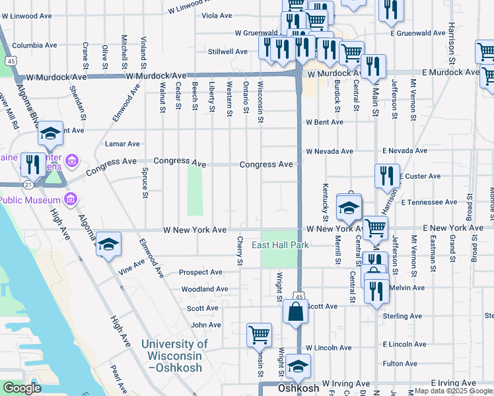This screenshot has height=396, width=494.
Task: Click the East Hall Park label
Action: coord(280,246)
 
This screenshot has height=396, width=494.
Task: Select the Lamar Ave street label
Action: coord(122,144)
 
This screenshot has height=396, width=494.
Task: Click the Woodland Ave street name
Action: coord(204,289)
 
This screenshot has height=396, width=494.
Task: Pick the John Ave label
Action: coord(205,325)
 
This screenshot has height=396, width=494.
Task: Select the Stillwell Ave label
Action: coord(227,51)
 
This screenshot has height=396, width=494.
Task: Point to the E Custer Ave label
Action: coord(420,176)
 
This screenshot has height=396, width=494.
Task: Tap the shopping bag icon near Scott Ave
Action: coord(295,312)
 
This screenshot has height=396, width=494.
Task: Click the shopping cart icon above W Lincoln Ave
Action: coord(259,334)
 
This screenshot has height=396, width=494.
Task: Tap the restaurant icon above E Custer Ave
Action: coord(386,175)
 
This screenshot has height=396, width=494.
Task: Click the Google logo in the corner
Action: coord(22,389)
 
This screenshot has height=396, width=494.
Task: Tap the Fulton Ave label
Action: coord(400,364)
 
